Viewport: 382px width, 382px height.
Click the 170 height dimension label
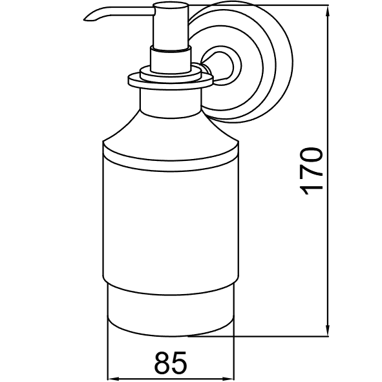[312, 171]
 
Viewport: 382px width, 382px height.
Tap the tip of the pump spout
[85, 20]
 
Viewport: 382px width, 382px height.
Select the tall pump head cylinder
[171, 27]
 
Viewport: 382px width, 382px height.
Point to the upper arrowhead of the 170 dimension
[328, 10]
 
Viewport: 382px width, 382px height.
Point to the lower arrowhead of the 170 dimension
[328, 332]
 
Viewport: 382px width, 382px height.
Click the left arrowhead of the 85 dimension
[113, 379]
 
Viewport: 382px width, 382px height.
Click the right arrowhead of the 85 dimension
[228, 379]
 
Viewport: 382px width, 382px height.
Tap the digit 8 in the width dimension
[162, 363]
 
